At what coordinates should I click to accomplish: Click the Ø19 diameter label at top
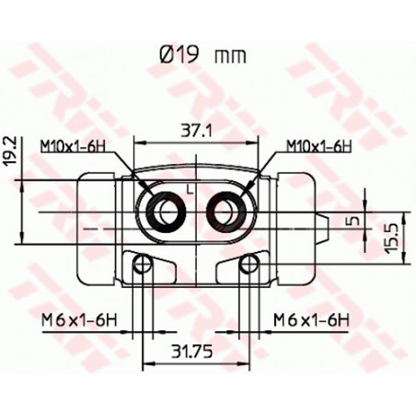coord(179,55)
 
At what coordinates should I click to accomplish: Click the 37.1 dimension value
coord(196,131)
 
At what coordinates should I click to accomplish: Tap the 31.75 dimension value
coord(191,352)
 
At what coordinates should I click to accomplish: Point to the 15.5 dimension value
coord(392,238)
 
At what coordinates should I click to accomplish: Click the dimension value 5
coord(354,221)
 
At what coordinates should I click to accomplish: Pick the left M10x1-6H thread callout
coord(73,146)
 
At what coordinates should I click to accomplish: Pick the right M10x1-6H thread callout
coord(319,146)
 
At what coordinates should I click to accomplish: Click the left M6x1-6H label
coord(79,321)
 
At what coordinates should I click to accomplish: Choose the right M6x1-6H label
coord(311,320)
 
